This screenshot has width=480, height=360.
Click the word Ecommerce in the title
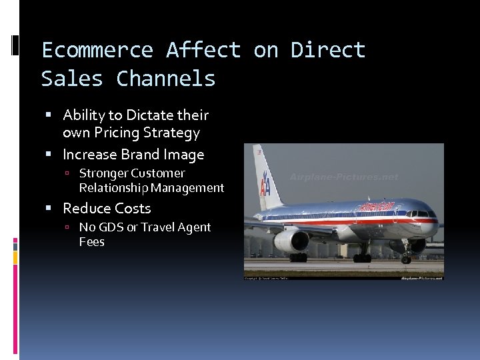(x=97, y=50)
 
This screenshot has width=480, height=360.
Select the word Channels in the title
(x=166, y=79)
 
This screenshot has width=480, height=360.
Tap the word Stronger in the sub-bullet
(x=103, y=173)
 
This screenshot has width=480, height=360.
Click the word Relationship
(x=117, y=188)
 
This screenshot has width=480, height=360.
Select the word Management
(x=191, y=188)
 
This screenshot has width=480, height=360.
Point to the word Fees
(x=91, y=242)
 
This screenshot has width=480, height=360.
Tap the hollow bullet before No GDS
(x=69, y=228)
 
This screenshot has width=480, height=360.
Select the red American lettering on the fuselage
(x=377, y=207)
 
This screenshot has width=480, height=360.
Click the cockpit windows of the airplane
(x=421, y=214)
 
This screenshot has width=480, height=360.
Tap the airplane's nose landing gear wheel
(x=406, y=259)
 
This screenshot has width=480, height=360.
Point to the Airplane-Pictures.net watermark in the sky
(x=344, y=177)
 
